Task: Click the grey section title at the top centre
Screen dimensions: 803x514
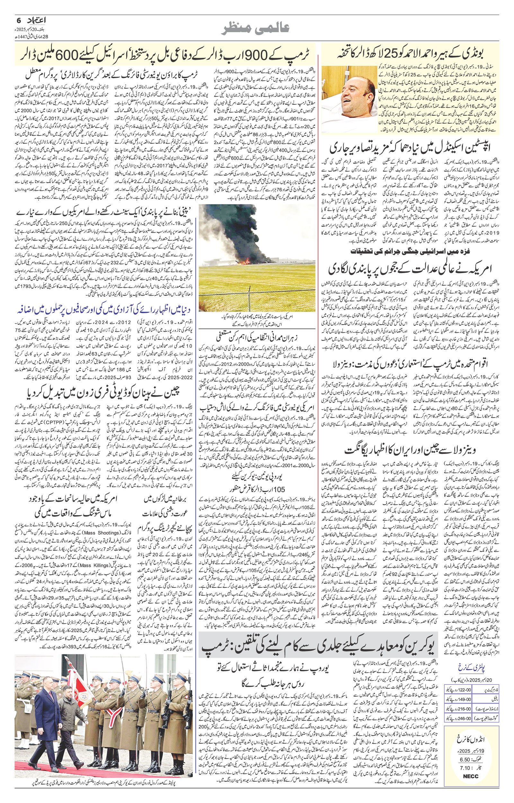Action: [x=257, y=29]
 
